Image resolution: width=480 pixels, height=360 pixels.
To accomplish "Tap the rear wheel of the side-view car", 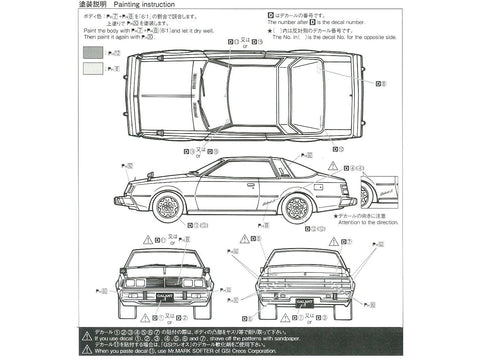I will coord(297,208).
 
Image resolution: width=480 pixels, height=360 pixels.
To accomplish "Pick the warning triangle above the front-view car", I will coord(147,240).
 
